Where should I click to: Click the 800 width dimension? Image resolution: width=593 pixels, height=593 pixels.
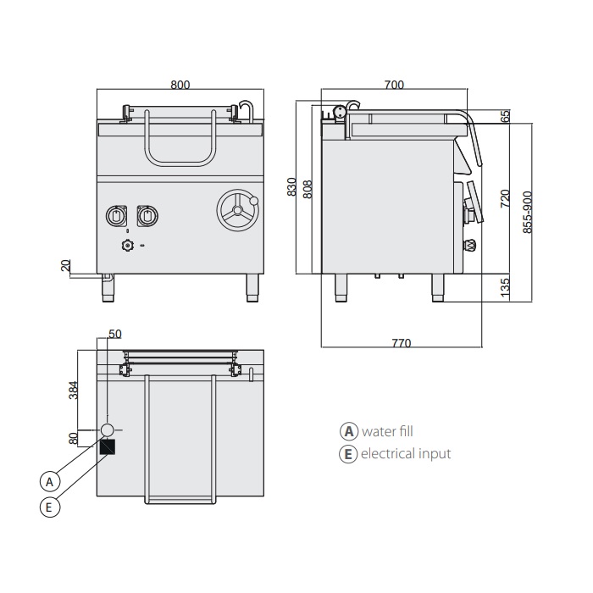pos(180,84)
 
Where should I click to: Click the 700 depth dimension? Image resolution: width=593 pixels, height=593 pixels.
pos(394,84)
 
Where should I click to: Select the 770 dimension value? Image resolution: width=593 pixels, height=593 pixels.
pos(401,343)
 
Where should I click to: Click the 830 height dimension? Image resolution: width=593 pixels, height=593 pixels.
pos(291,187)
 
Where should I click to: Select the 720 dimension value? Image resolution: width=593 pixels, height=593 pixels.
pos(506,199)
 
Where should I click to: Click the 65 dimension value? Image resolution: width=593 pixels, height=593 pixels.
pos(506,117)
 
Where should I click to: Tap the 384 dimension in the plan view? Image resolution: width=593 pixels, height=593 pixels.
pos(74,390)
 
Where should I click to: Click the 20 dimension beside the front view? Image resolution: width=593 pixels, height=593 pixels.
pos(65,265)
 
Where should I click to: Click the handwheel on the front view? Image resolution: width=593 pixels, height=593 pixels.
pos(237,209)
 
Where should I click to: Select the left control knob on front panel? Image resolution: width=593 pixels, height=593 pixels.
pos(117,217)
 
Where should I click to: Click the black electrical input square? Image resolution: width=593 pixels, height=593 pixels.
pos(108,446)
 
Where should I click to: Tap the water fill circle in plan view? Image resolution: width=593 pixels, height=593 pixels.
pos(108,429)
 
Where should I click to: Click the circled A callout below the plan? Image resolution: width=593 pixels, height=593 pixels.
pos(50,481)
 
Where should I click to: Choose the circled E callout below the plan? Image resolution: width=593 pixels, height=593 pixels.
pos(50,507)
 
